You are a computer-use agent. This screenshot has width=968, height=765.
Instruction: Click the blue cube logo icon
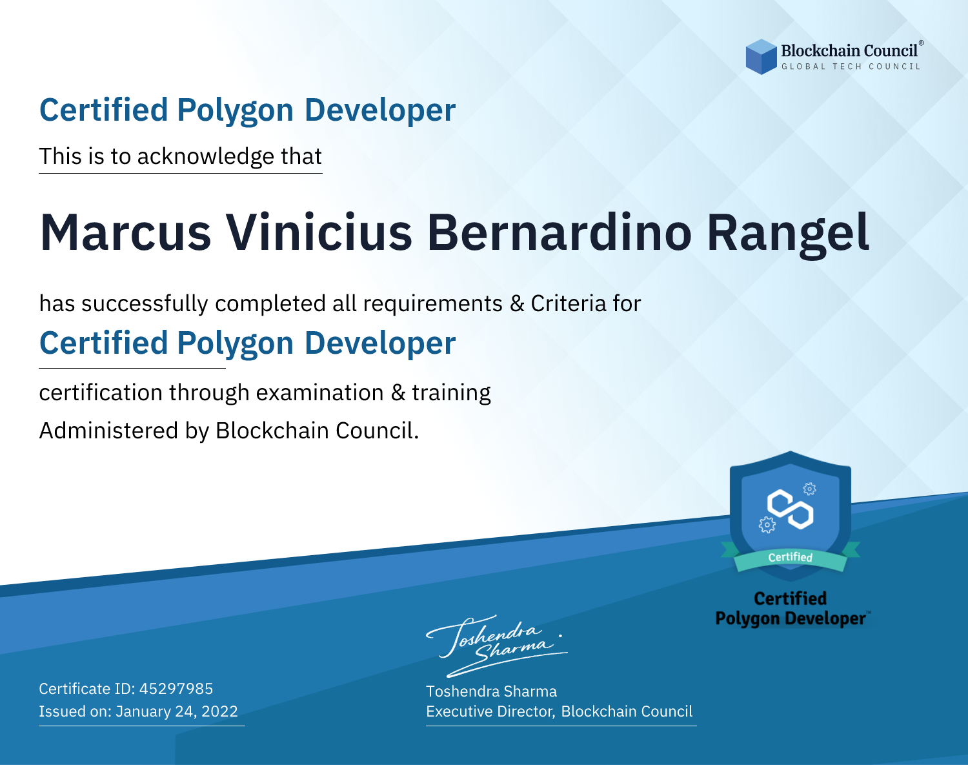point(761,57)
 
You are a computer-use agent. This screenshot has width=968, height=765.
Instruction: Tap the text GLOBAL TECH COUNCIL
point(851,66)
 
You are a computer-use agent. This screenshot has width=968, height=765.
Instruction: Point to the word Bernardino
point(559,233)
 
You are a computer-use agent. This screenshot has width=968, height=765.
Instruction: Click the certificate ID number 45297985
point(176,688)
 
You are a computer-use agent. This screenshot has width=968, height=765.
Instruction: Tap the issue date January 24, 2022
point(177,711)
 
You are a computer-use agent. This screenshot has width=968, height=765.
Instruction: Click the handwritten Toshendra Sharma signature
point(497,646)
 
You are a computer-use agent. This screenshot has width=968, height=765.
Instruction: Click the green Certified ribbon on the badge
point(791,558)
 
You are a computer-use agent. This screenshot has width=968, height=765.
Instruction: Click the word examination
point(320,393)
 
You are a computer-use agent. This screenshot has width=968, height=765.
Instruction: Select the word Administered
point(109,430)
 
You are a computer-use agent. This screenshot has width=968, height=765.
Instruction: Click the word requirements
point(433,304)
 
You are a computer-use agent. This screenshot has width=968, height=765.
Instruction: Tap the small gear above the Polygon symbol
point(810,489)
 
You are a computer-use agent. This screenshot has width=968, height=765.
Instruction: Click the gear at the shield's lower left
point(767,525)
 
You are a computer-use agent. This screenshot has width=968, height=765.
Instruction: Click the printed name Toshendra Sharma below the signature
point(491,691)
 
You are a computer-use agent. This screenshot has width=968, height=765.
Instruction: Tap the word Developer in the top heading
point(380,110)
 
